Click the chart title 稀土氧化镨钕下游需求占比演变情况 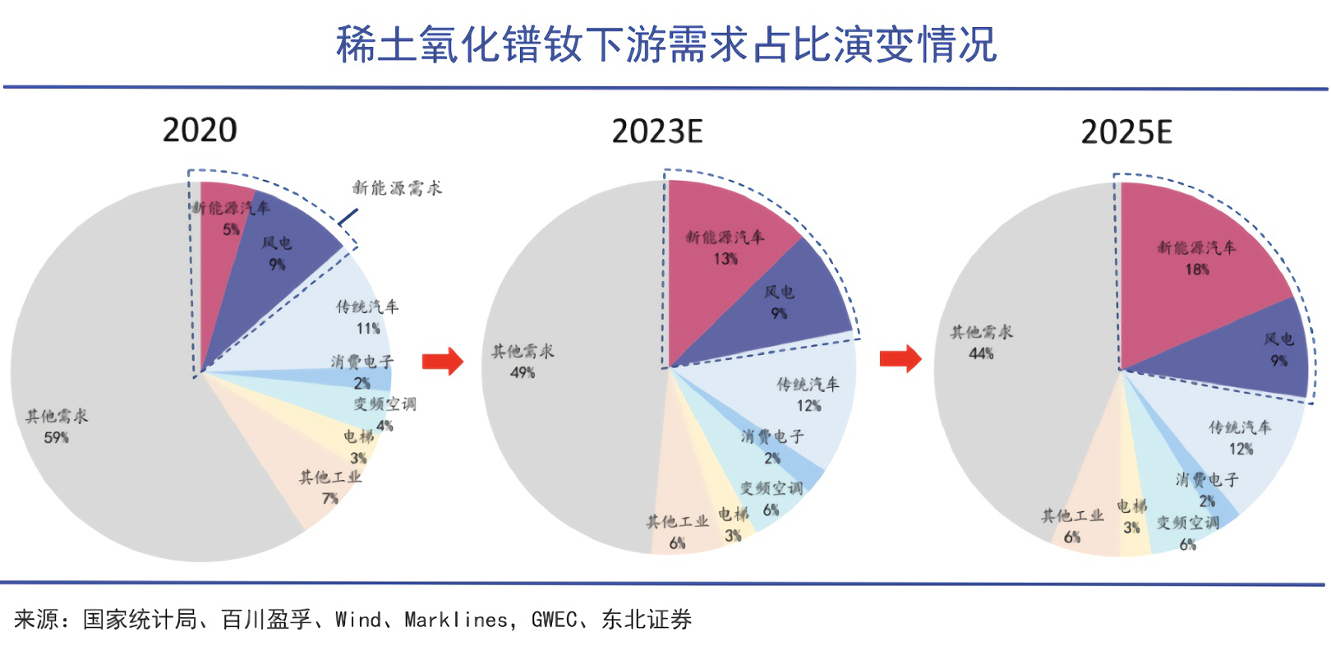(666, 44)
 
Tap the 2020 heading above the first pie (200, 130)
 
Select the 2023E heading (657, 132)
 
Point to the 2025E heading (1126, 132)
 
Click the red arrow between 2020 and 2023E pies (443, 360)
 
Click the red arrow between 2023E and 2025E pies (900, 358)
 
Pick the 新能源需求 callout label (398, 188)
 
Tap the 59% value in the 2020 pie (57, 438)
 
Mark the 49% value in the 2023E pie (523, 373)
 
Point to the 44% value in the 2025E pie (981, 353)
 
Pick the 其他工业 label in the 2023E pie (677, 522)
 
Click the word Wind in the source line (358, 620)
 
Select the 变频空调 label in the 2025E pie (1188, 524)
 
